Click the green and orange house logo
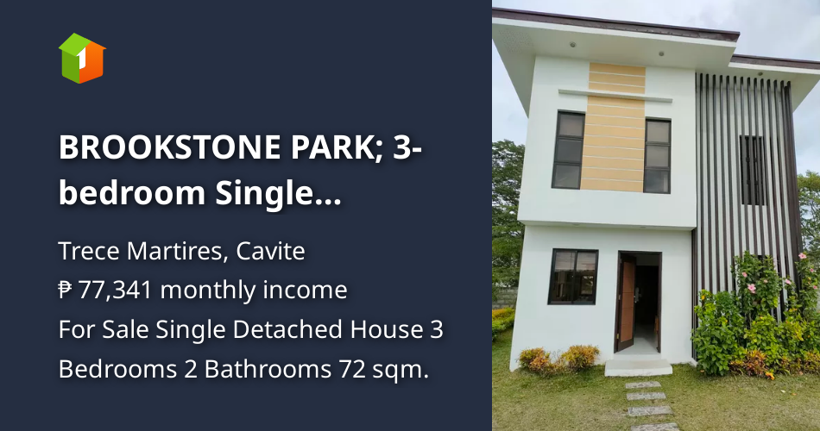click(x=82, y=58)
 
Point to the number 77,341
click(x=116, y=290)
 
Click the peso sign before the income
click(x=66, y=290)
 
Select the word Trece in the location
click(x=85, y=252)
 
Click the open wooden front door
click(x=628, y=302)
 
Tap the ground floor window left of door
click(x=573, y=276)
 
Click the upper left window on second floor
click(x=569, y=149)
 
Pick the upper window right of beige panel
click(x=658, y=155)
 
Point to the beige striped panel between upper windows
click(x=613, y=128)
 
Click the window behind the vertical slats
click(x=752, y=170)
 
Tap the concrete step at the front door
click(x=639, y=366)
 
